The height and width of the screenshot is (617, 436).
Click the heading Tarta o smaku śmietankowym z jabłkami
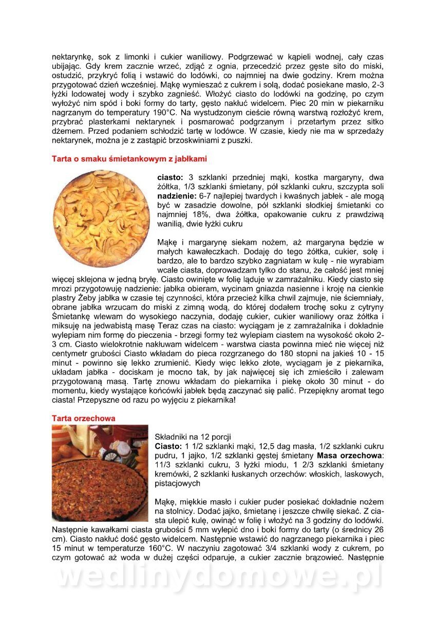click(129, 158)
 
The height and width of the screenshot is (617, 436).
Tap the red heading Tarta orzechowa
click(83, 419)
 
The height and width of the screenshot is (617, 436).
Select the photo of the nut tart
click(100, 473)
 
